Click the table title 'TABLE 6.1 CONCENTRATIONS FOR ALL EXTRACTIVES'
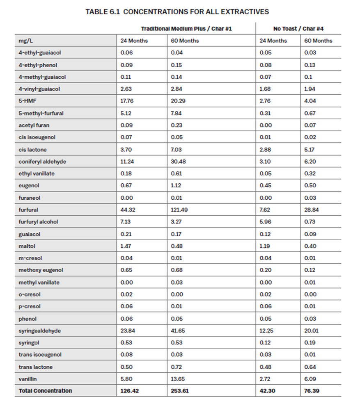pyautogui.click(x=177, y=12)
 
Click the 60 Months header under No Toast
pyautogui.click(x=318, y=41)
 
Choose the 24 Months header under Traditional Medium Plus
pyautogui.click(x=134, y=41)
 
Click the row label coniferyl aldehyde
pyautogui.click(x=42, y=162)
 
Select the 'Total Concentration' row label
pyautogui.click(x=45, y=391)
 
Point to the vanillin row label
pyautogui.click(x=28, y=379)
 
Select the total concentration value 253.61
pyautogui.click(x=180, y=391)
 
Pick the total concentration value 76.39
pyautogui.click(x=312, y=391)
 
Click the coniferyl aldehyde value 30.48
pyautogui.click(x=178, y=162)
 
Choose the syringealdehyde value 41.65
pyautogui.click(x=178, y=331)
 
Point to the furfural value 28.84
pyautogui.click(x=312, y=210)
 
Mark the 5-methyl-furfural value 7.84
pyautogui.click(x=177, y=113)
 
